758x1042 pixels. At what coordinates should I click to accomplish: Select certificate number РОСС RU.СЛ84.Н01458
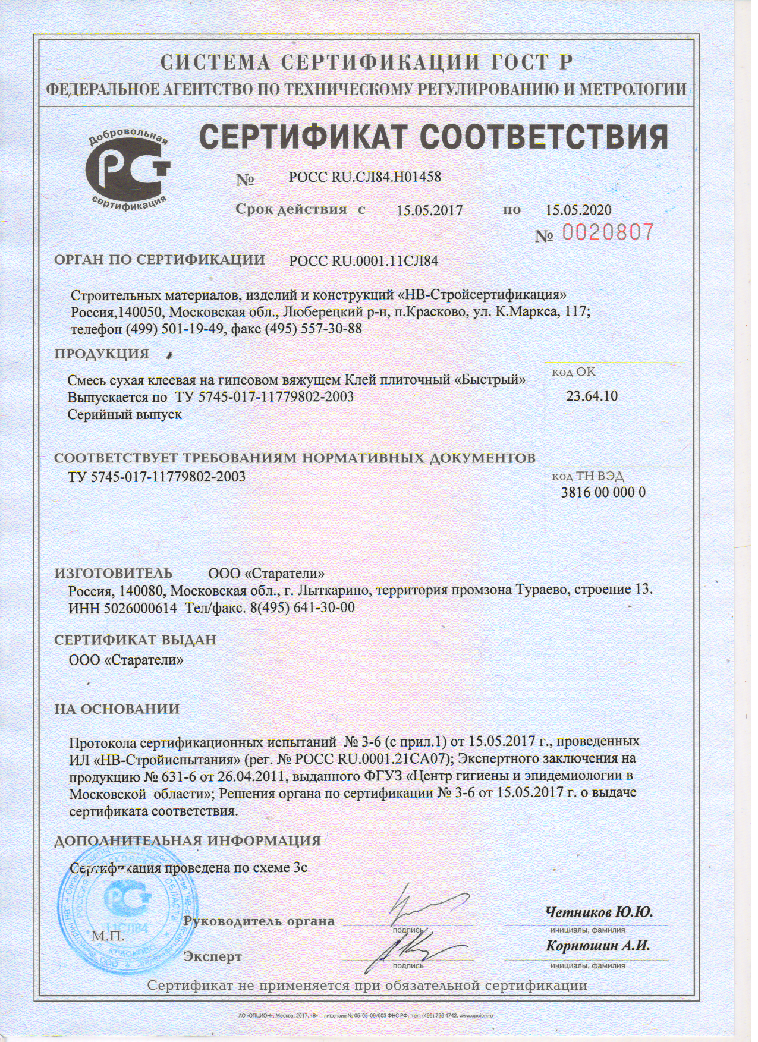[364, 177]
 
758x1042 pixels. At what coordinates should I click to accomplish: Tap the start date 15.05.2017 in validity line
[429, 210]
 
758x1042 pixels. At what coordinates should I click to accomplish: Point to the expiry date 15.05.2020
[578, 210]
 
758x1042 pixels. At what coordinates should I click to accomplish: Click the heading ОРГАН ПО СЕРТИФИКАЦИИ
[159, 260]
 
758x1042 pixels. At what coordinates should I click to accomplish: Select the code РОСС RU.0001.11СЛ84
[363, 260]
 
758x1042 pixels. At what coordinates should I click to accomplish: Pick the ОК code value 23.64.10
[591, 396]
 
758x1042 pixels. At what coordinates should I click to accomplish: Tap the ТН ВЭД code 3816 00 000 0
[603, 492]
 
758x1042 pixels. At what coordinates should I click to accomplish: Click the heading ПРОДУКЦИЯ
[102, 354]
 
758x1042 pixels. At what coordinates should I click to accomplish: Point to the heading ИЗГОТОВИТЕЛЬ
[114, 574]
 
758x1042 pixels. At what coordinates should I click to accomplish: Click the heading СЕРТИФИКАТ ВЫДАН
[135, 640]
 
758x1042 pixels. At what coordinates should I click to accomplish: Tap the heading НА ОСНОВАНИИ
[117, 709]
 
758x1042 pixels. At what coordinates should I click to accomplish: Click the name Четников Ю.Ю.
[599, 912]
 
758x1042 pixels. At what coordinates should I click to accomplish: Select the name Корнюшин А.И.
[597, 946]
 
